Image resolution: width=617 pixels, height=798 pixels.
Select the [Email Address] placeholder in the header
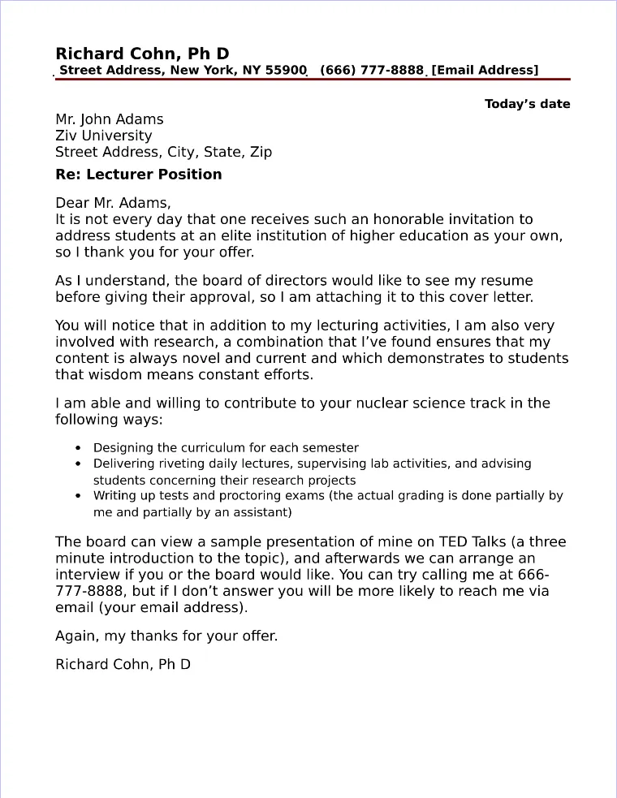click(485, 71)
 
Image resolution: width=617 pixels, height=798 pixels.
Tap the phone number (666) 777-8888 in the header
click(372, 71)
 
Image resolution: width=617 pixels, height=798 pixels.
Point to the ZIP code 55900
click(286, 71)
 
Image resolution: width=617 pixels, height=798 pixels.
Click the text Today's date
click(527, 104)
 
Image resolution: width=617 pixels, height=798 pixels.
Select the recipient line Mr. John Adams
click(109, 119)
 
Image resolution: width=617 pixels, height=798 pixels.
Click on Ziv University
click(103, 136)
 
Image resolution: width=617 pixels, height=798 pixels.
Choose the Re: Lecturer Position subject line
click(138, 175)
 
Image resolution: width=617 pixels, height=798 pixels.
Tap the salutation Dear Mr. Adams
click(113, 203)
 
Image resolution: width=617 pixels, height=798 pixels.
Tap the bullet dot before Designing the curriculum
click(78, 448)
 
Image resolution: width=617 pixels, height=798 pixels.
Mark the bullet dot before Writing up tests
click(78, 495)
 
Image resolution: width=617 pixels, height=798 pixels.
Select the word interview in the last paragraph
click(87, 574)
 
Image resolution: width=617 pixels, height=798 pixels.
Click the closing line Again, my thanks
click(166, 636)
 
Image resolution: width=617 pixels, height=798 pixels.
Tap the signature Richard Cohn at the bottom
click(123, 664)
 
